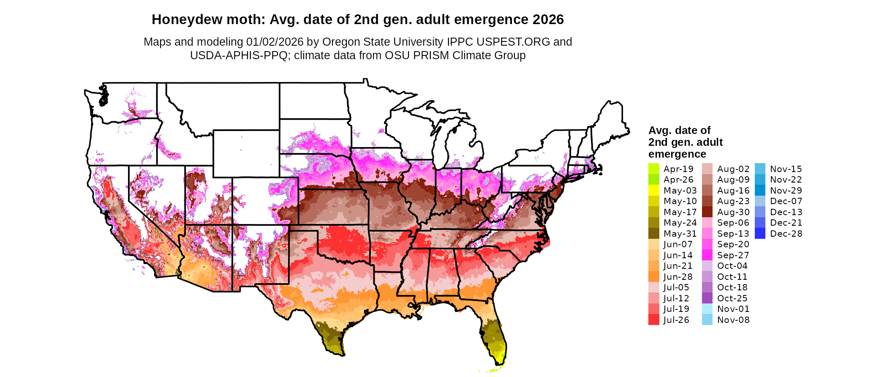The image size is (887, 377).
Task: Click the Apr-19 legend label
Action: (678, 169)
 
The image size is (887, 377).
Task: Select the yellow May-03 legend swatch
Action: (653, 191)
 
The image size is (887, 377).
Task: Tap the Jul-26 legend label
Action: (676, 320)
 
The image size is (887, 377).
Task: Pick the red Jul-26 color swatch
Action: (653, 320)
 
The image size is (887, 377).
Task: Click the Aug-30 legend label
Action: (733, 212)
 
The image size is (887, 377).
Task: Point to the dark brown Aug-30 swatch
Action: (707, 212)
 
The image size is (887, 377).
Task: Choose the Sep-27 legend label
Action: (733, 255)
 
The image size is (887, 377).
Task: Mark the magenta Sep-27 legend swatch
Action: (707, 255)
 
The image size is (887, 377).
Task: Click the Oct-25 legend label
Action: (732, 298)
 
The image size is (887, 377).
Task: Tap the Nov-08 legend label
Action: (733, 320)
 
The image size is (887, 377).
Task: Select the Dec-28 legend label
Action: (786, 234)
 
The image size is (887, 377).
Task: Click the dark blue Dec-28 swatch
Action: (760, 234)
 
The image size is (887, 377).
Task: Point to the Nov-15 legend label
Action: (786, 169)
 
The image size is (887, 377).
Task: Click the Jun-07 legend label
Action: (678, 244)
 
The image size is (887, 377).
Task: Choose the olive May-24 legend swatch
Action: (653, 223)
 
